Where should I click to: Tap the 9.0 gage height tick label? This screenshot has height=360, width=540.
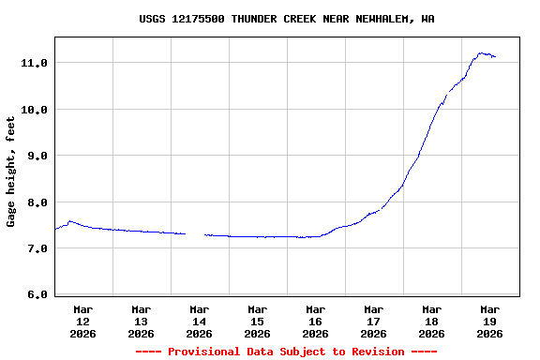[x=37, y=156]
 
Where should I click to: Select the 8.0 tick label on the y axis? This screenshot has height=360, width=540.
[x=37, y=202]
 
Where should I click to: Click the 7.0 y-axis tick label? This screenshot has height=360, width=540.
[x=37, y=248]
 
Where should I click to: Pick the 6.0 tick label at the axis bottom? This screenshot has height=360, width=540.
[x=37, y=295]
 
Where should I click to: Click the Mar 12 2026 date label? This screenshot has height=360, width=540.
[x=82, y=321]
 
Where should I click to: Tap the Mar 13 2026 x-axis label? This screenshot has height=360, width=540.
[x=141, y=321]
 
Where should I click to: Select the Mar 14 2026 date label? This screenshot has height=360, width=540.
[x=199, y=321]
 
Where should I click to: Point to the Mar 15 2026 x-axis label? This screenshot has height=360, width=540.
[x=257, y=321]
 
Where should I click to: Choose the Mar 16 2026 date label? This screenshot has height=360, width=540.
[x=315, y=321]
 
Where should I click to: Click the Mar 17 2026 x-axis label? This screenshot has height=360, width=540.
[x=373, y=321]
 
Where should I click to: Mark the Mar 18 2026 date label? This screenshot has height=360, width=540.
[x=431, y=321]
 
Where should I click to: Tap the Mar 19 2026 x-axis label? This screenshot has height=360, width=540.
[x=489, y=321]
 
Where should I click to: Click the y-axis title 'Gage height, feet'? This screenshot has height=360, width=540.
[x=12, y=172]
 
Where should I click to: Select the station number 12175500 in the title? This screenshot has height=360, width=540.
[x=198, y=19]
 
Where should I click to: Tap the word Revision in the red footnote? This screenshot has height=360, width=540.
[x=375, y=352]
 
